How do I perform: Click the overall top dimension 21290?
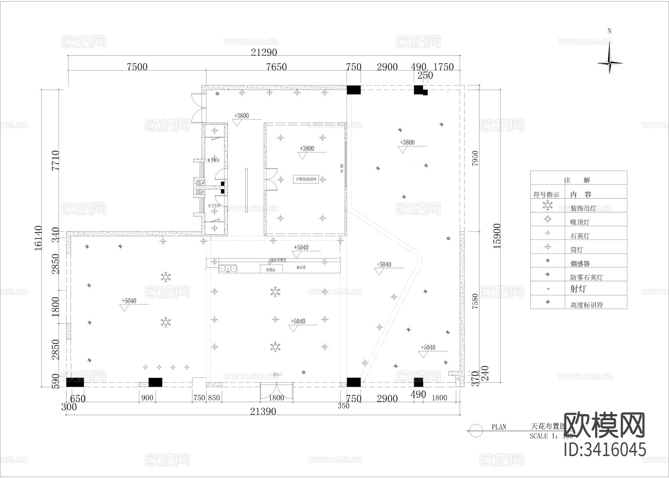click(264, 52)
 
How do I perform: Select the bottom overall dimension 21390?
click(263, 411)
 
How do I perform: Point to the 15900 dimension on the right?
click(497, 236)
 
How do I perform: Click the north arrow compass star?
click(610, 63)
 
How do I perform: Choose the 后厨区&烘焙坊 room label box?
click(306, 179)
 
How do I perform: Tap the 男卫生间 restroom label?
click(213, 160)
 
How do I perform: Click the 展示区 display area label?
click(301, 267)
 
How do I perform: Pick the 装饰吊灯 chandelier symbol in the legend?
click(547, 205)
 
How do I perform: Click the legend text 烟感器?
click(580, 264)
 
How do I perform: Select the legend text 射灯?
click(578, 289)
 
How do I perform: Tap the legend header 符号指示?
click(546, 195)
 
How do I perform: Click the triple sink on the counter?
click(228, 268)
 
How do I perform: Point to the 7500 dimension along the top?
click(137, 67)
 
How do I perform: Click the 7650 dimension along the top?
click(277, 67)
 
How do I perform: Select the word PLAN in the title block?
click(499, 427)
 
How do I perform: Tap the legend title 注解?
click(577, 180)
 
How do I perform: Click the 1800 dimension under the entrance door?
click(276, 398)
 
